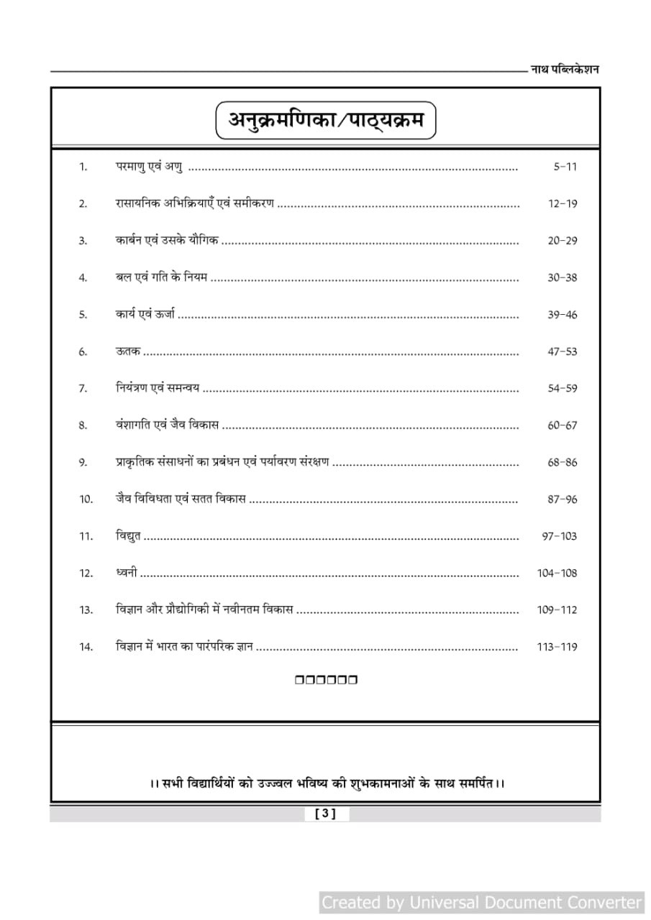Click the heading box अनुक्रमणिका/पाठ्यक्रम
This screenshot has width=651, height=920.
click(326, 120)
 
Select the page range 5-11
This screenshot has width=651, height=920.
click(565, 167)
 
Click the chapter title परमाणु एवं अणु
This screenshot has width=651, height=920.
click(149, 166)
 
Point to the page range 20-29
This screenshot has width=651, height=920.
click(562, 241)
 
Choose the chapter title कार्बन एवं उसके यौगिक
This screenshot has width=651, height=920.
click(167, 240)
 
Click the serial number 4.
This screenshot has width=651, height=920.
click(83, 277)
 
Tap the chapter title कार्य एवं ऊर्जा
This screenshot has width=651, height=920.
click(145, 314)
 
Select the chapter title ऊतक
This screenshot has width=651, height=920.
click(127, 351)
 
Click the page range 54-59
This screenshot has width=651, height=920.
click(562, 388)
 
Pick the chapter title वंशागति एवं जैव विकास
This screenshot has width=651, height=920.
click(167, 425)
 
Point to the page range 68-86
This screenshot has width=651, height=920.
click(562, 462)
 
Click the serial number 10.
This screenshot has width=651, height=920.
click(86, 499)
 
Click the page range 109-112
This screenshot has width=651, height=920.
click(557, 609)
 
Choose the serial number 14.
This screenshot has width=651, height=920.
click(86, 647)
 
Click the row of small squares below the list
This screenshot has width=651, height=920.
click(326, 679)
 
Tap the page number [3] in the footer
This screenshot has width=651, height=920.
click(325, 814)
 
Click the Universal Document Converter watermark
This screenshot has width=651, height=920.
click(481, 902)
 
